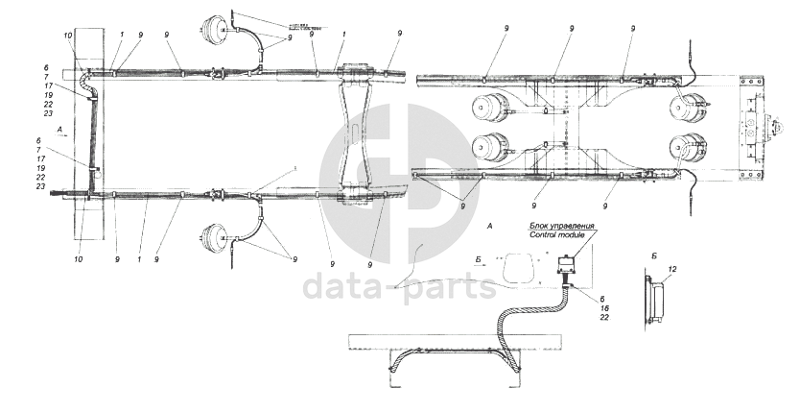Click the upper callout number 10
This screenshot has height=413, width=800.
click(x=68, y=36)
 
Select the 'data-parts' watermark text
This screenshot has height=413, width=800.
click(x=399, y=286)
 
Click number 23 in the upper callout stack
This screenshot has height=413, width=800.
click(x=49, y=113)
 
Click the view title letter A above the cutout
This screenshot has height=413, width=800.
click(x=490, y=225)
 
